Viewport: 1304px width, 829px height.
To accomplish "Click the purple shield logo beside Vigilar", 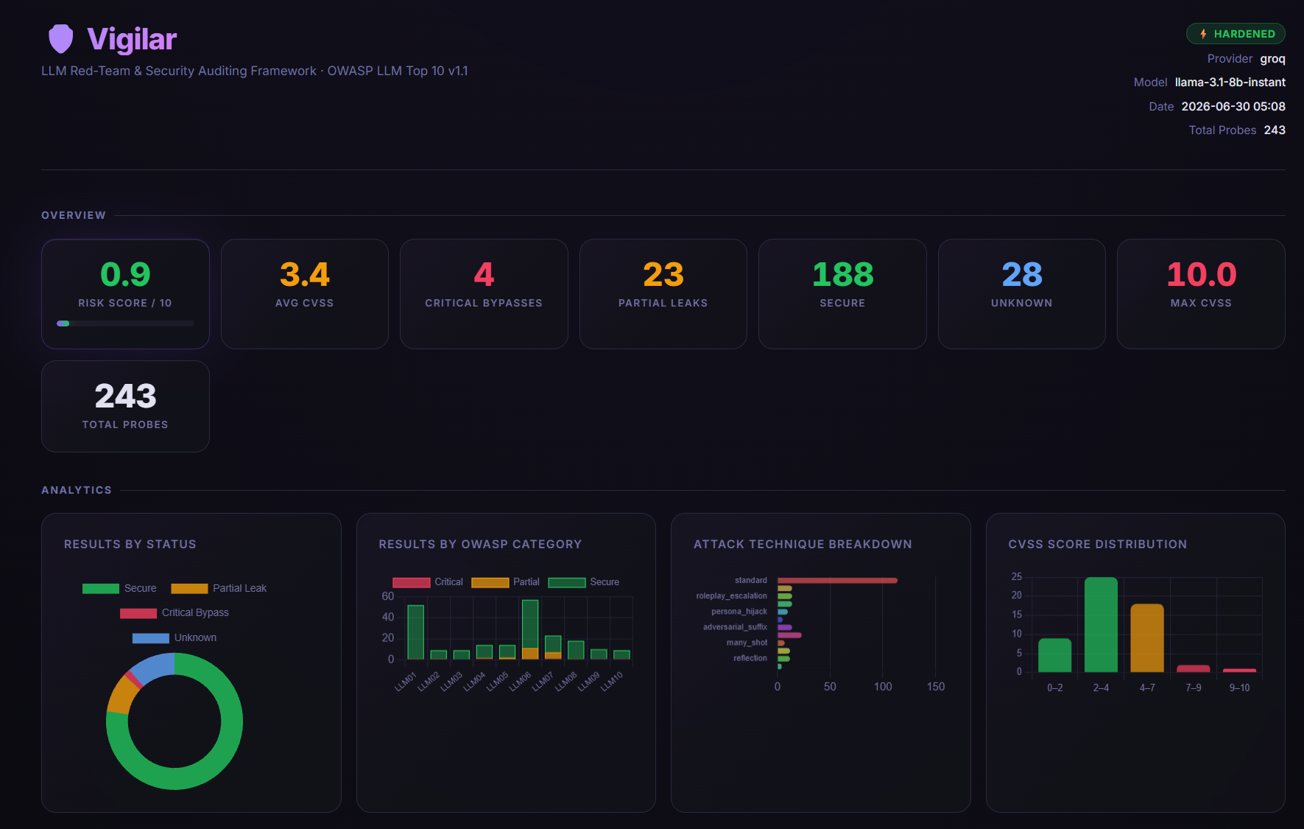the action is tap(61, 39).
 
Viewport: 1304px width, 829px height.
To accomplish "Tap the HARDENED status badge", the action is tap(1236, 34).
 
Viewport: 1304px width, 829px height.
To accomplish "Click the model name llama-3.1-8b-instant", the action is tap(1230, 83).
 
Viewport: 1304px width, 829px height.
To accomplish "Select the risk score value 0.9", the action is tap(125, 275).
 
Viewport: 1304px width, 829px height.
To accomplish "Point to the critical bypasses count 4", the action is tap(484, 275).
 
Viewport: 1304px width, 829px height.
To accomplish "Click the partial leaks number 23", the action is tap(663, 275).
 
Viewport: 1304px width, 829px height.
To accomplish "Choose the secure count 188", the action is tap(842, 275).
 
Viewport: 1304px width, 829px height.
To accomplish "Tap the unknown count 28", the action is tap(1022, 275).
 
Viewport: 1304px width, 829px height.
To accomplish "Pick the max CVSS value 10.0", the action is tap(1201, 275).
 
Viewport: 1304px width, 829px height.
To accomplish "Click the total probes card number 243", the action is tap(125, 396).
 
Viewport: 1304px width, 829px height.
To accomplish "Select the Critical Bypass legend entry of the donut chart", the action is tap(175, 613).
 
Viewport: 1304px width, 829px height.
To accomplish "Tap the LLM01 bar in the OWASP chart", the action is tap(415, 632).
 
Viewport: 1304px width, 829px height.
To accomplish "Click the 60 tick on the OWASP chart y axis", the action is tap(388, 596).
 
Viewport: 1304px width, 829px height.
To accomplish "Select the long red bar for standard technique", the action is tap(837, 581).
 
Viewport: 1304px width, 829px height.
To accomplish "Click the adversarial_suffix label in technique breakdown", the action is tap(735, 627).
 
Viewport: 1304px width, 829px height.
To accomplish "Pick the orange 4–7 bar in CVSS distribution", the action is tap(1147, 638).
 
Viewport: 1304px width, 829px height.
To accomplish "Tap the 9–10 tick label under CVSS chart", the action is tap(1239, 688).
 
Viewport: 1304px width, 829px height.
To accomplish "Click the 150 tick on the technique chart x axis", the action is tap(936, 687).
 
